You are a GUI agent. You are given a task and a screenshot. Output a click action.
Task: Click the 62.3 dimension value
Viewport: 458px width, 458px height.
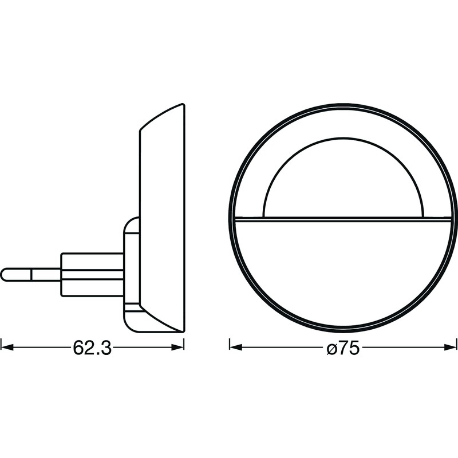(92, 348)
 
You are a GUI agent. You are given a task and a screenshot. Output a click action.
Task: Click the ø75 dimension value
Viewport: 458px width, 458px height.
(343, 348)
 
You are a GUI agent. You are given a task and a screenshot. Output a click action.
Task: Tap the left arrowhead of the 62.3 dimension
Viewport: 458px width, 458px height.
(7, 348)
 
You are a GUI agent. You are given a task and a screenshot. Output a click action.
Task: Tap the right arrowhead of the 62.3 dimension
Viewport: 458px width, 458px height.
(177, 348)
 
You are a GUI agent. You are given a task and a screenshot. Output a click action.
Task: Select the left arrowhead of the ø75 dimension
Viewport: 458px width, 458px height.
(236, 348)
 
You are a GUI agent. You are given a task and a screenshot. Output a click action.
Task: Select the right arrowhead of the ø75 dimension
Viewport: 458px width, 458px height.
(450, 348)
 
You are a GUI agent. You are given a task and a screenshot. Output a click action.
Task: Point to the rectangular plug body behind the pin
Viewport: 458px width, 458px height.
(92, 275)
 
